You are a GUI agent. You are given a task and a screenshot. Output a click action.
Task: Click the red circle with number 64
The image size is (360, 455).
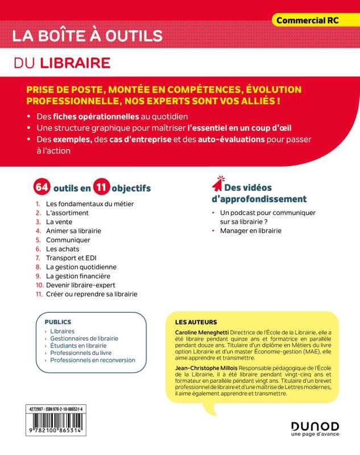point(42,187)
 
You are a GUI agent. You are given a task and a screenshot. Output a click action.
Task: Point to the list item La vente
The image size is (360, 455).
point(59,221)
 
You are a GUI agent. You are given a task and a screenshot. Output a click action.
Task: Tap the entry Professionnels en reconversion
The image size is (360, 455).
point(93,359)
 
